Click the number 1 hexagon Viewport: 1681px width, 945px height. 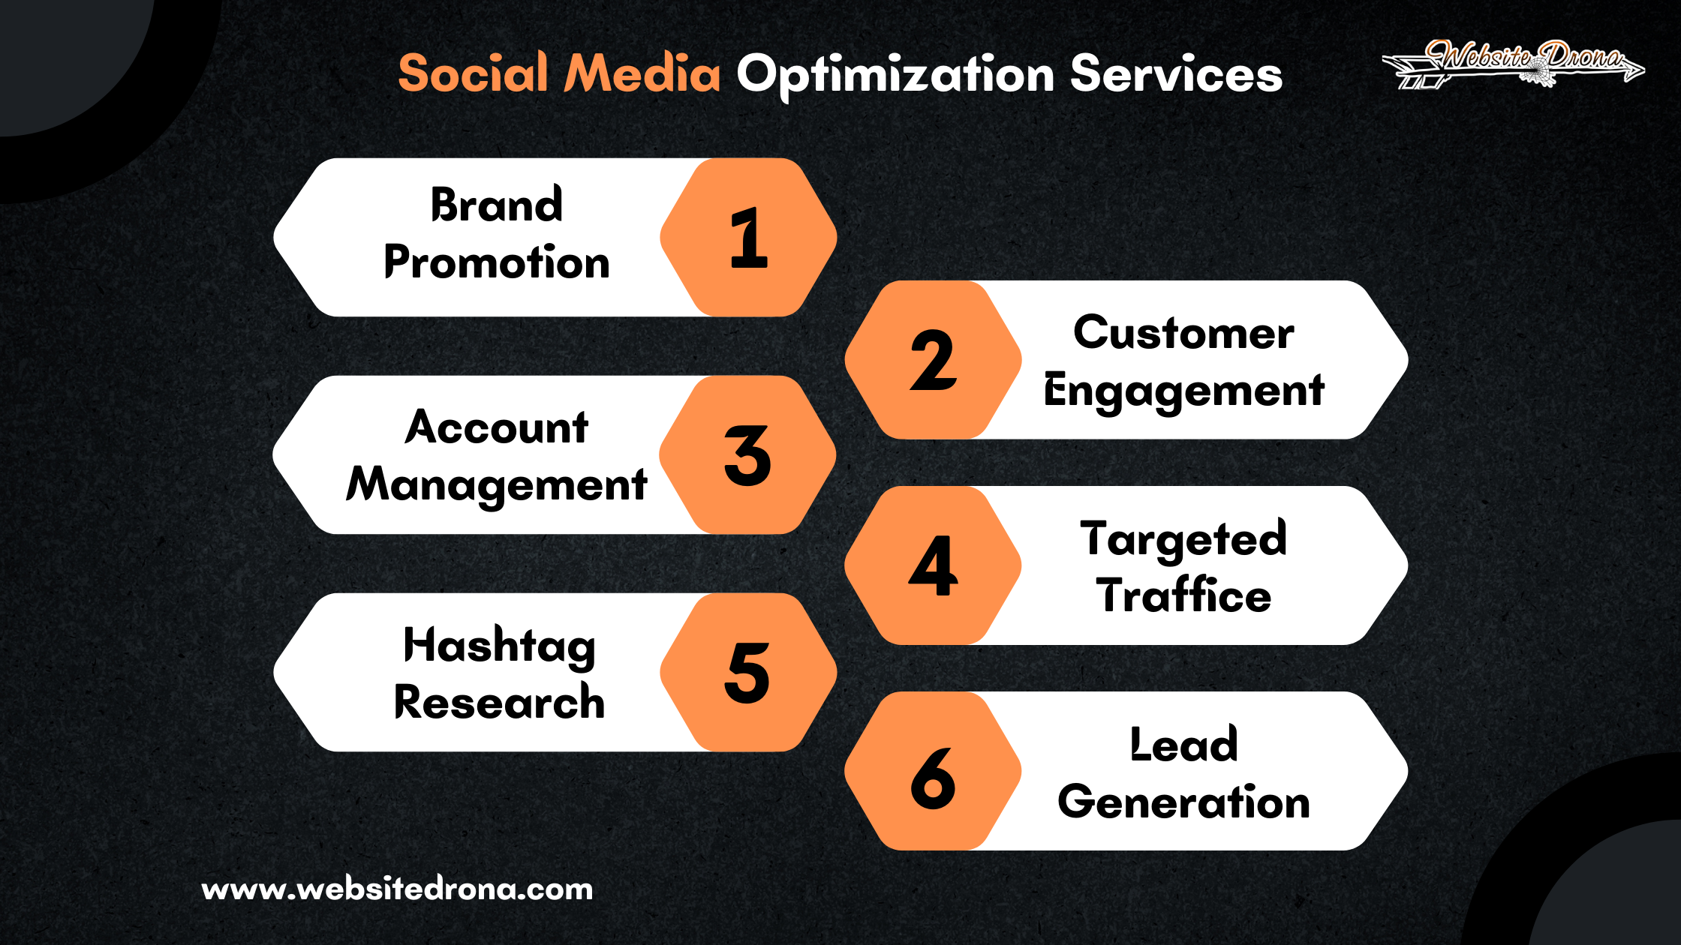[748, 237]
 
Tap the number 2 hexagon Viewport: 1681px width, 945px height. [933, 360]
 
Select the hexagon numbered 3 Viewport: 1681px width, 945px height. [747, 454]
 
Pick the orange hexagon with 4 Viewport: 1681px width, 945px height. [933, 565]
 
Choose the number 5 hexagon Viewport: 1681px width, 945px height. [748, 672]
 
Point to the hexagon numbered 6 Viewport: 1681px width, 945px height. [933, 771]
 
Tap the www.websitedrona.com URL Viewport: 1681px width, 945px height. [397, 889]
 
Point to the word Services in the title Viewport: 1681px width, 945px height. [1176, 73]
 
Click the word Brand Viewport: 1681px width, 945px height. [496, 205]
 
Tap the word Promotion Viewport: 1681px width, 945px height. [496, 262]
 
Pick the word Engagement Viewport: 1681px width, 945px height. [1183, 391]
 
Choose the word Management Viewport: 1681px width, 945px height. [496, 484]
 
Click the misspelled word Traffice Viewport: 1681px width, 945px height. [1183, 595]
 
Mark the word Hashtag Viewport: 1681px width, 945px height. [499, 646]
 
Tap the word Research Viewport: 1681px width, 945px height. [499, 703]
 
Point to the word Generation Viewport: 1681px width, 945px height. [1183, 802]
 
